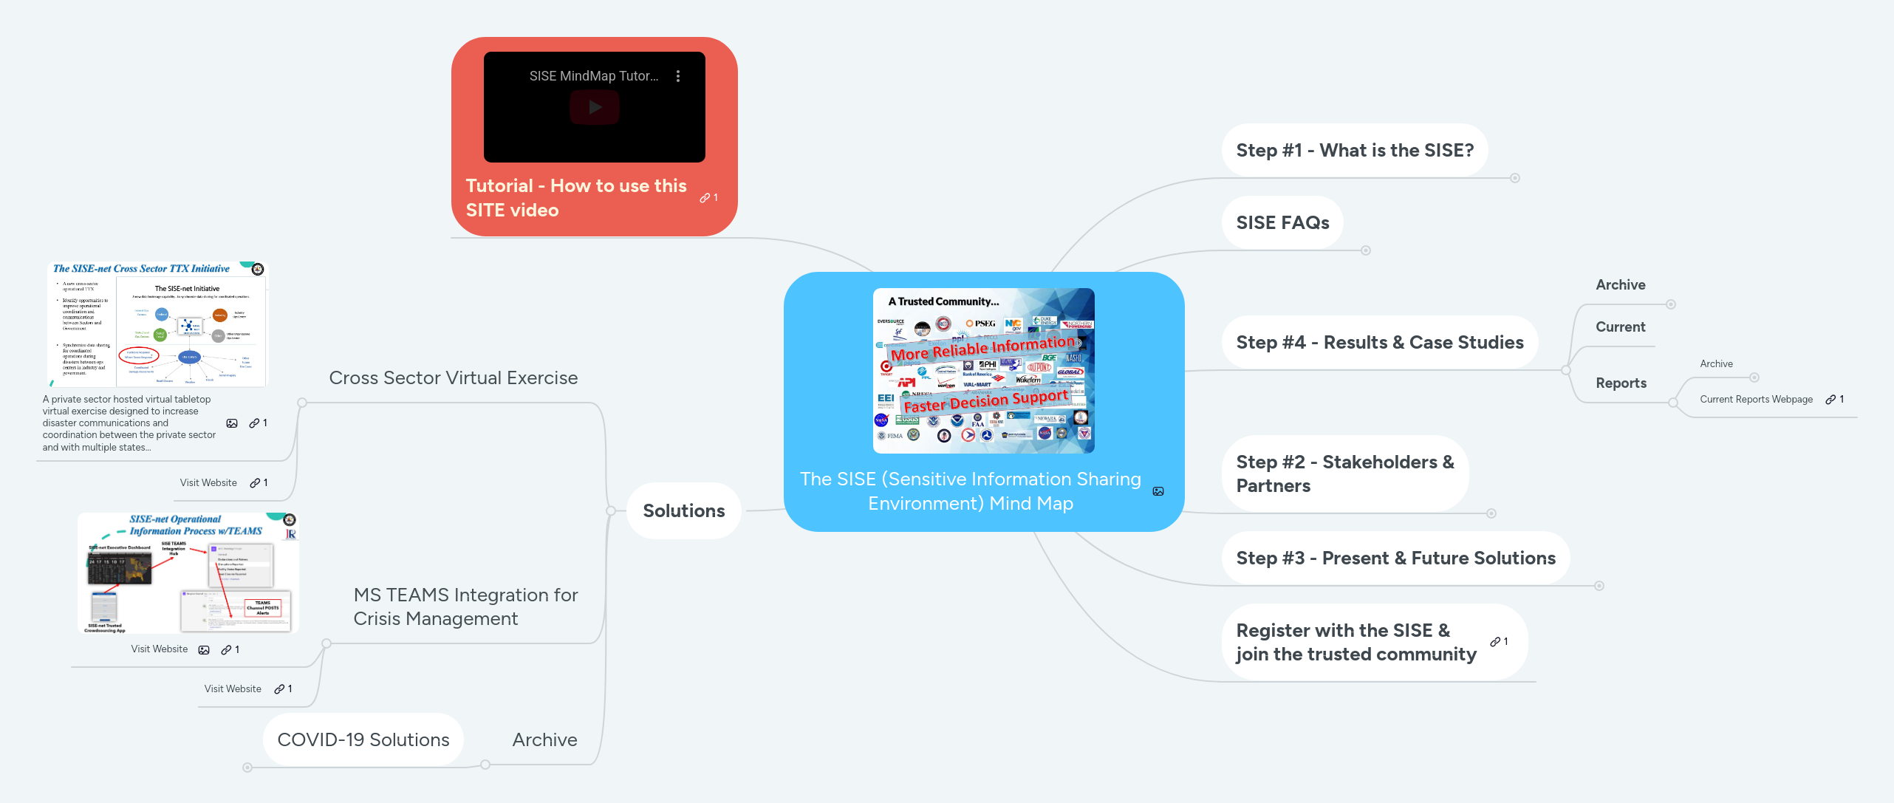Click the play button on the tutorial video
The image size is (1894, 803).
pos(594,108)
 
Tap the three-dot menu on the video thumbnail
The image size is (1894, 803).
pos(677,76)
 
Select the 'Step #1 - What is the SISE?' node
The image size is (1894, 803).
pos(1354,151)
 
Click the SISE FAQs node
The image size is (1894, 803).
pos(1282,223)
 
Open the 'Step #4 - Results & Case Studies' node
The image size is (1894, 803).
pos(1379,343)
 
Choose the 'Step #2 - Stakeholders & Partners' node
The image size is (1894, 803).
pos(1344,474)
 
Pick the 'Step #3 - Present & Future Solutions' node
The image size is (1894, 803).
pos(1395,558)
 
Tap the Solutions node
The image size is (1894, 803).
pos(683,511)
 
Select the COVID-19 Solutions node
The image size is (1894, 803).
pos(363,740)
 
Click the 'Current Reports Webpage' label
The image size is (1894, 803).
pos(1755,400)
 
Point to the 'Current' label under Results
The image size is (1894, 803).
pos(1619,327)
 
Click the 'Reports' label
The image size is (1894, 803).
pos(1620,383)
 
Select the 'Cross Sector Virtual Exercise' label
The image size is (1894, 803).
pos(453,378)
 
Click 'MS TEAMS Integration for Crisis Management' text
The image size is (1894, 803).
pos(465,606)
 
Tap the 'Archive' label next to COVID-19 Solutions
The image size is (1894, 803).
pos(544,740)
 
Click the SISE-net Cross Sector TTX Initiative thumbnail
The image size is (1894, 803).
pos(157,324)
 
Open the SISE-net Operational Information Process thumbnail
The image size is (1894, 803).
pos(188,573)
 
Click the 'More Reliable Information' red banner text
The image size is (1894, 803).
pos(982,348)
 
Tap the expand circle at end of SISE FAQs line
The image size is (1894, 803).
pos(1366,250)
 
